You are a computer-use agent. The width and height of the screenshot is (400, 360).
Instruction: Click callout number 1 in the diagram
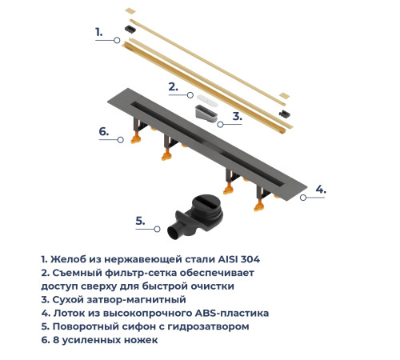click(98, 32)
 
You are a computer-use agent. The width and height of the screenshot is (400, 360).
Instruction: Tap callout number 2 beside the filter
click(172, 86)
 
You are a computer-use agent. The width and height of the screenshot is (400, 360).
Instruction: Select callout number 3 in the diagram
click(237, 116)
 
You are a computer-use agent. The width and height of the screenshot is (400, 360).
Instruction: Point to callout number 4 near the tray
click(319, 190)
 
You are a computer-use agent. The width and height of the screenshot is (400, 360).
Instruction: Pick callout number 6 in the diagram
click(103, 131)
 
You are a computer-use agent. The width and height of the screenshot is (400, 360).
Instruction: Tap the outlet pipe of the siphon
click(174, 234)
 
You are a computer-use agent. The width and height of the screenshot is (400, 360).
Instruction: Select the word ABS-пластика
click(231, 313)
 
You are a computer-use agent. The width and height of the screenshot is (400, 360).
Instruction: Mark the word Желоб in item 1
click(70, 259)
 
